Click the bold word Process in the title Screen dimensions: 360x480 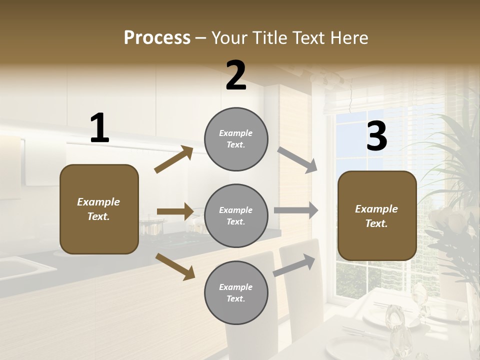[x=157, y=38]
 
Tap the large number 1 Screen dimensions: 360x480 [x=99, y=128]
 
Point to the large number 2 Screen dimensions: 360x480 [x=236, y=75]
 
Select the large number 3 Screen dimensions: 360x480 [x=376, y=136]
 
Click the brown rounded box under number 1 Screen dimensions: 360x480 [x=99, y=209]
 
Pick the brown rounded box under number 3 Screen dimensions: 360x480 [x=377, y=216]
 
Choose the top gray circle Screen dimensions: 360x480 [x=236, y=139]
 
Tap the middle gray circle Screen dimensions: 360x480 [x=236, y=216]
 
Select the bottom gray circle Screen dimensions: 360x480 [x=236, y=293]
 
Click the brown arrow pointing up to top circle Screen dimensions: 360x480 [x=174, y=159]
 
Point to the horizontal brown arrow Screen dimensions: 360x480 [x=175, y=211]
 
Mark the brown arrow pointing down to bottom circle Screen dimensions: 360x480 [x=175, y=266]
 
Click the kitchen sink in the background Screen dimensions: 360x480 [x=20, y=267]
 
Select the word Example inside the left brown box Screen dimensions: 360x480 [x=98, y=202]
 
